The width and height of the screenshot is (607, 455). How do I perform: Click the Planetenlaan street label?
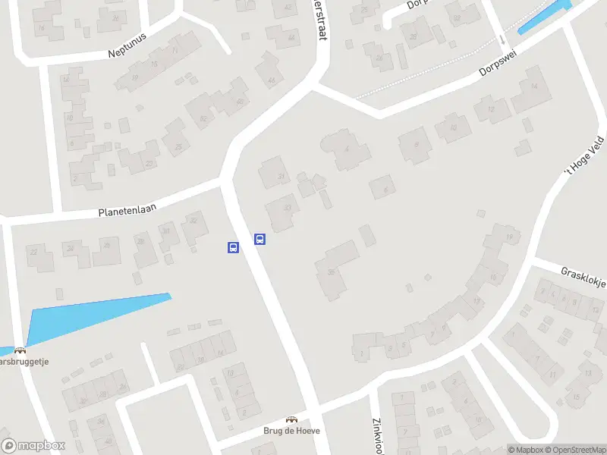tap(127, 209)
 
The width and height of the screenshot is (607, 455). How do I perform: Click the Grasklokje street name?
tap(583, 277)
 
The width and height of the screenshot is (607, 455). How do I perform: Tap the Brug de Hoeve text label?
tap(291, 431)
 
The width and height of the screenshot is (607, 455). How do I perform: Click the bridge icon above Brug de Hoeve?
tap(291, 419)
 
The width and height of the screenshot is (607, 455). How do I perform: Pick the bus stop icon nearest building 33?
tap(259, 240)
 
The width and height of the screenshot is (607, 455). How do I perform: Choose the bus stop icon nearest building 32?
tap(233, 247)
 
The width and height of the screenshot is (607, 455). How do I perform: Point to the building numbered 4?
tap(345, 149)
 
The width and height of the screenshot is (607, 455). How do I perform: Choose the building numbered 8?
tap(414, 142)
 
